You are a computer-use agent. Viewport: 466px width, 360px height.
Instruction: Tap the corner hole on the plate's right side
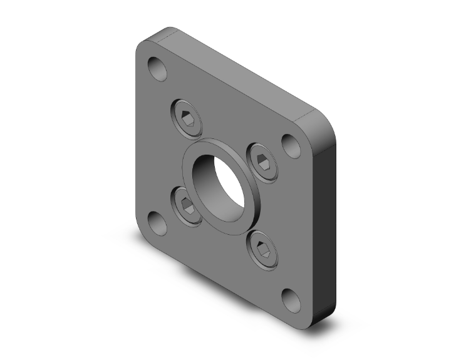point(291,145)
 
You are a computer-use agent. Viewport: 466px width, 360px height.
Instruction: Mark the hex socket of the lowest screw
point(263,251)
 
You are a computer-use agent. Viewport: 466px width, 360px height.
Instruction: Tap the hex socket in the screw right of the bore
point(264,162)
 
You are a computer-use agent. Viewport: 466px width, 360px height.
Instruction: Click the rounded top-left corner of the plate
point(145,47)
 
